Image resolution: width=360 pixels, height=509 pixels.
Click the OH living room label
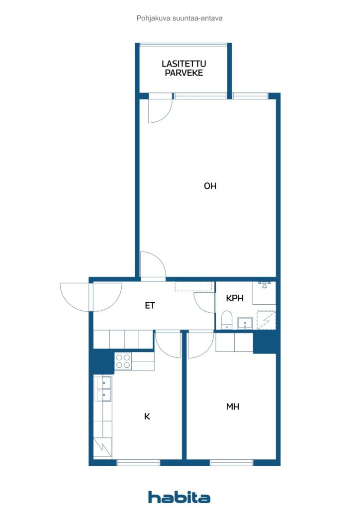pyautogui.click(x=210, y=186)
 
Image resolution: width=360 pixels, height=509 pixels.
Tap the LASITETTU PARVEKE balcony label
pyautogui.click(x=184, y=68)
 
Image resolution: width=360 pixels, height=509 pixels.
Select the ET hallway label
pyautogui.click(x=150, y=306)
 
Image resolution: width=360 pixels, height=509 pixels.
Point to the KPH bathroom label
pyautogui.click(x=234, y=298)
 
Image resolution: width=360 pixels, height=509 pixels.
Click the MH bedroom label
pyautogui.click(x=232, y=407)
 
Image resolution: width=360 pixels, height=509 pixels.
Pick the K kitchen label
pyautogui.click(x=147, y=416)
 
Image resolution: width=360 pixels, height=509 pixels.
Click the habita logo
pyautogui.click(x=179, y=497)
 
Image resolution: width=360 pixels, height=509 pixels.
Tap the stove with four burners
pyautogui.click(x=123, y=361)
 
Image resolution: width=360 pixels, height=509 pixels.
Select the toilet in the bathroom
pyautogui.click(x=227, y=320)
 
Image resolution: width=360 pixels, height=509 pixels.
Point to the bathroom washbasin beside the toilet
pyautogui.click(x=245, y=323)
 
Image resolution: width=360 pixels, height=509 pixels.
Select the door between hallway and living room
pyautogui.click(x=153, y=265)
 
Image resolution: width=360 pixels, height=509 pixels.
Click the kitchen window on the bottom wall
pyautogui.click(x=138, y=463)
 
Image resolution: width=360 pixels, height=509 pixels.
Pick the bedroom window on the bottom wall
pyautogui.click(x=231, y=463)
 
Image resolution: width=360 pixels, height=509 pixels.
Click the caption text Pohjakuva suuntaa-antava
pyautogui.click(x=180, y=18)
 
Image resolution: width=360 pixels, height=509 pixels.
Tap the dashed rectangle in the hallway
pyautogui.click(x=194, y=286)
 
